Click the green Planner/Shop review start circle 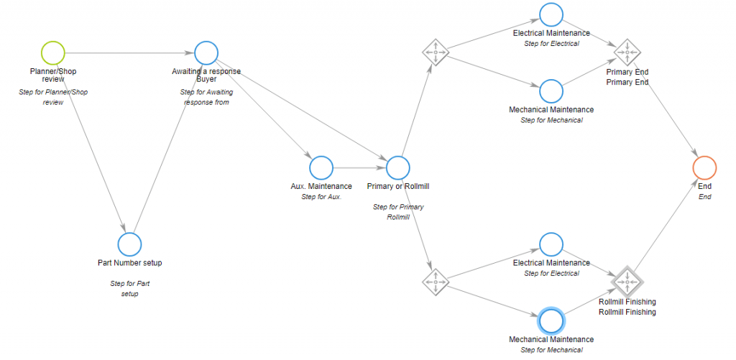(x=53, y=52)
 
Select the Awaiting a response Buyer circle (x=206, y=52)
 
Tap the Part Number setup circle (x=129, y=244)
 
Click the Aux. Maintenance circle (x=321, y=167)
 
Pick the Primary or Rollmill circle (x=397, y=167)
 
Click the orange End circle (x=704, y=167)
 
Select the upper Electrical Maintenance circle (x=551, y=14)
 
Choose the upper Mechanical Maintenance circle (x=551, y=91)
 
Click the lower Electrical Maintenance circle (x=551, y=244)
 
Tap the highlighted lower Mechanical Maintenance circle (x=551, y=320)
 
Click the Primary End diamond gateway (x=627, y=52)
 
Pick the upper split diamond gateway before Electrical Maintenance (x=435, y=52)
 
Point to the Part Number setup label (x=129, y=263)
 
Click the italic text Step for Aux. (x=321, y=196)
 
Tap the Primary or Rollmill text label (x=397, y=187)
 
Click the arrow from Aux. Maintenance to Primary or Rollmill (x=359, y=167)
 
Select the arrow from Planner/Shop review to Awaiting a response (x=129, y=52)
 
